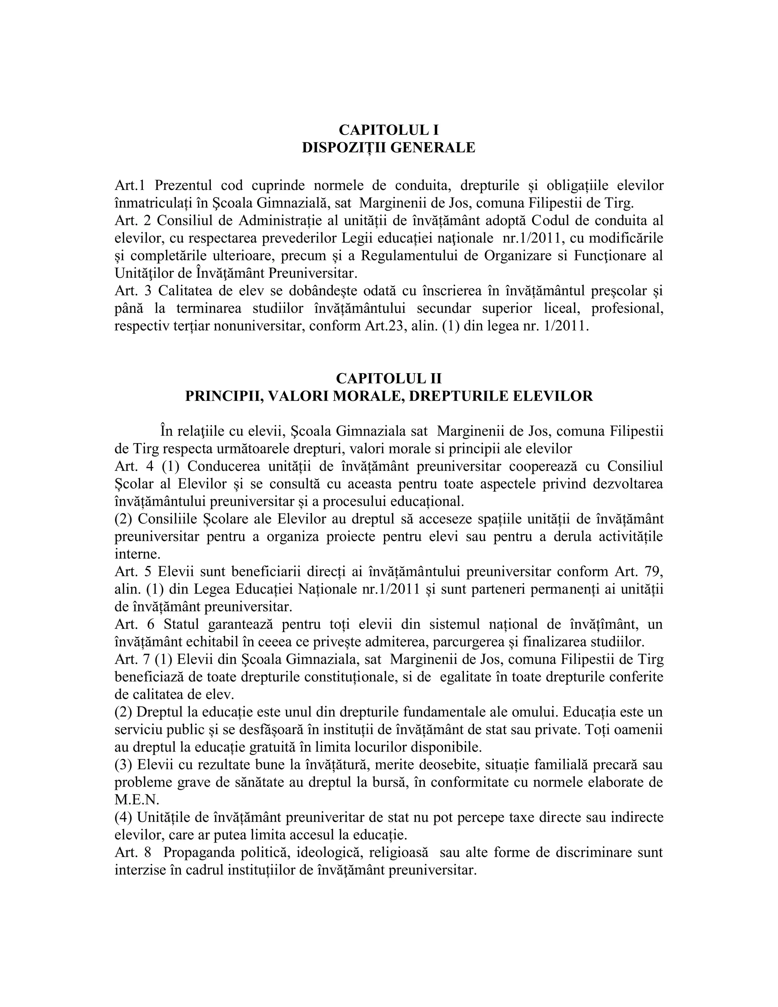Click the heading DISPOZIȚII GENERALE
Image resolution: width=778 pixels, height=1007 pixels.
389,147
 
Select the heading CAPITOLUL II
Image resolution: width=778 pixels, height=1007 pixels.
389,378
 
